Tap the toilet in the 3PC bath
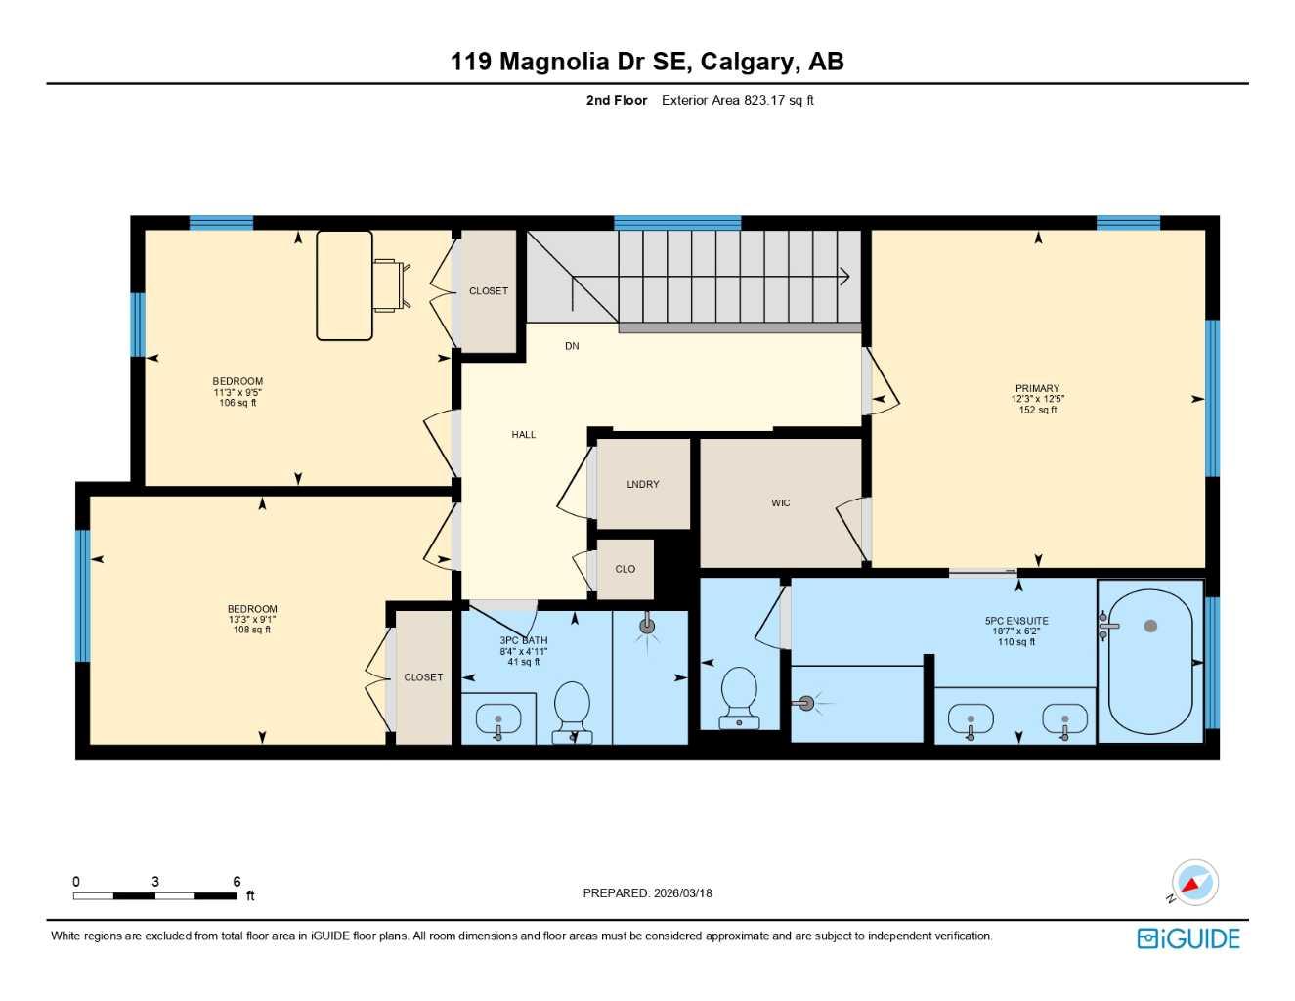point(572,711)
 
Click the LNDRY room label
point(642,485)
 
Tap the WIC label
point(780,503)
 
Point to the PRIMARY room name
point(1037,388)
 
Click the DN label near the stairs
point(572,346)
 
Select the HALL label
point(523,435)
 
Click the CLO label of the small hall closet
point(625,569)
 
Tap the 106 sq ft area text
point(237,403)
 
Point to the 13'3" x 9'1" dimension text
point(252,619)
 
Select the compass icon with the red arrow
point(1194,884)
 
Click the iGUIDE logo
point(1188,938)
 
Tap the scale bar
point(154,895)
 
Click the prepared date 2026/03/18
point(681,892)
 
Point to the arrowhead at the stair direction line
point(844,278)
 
